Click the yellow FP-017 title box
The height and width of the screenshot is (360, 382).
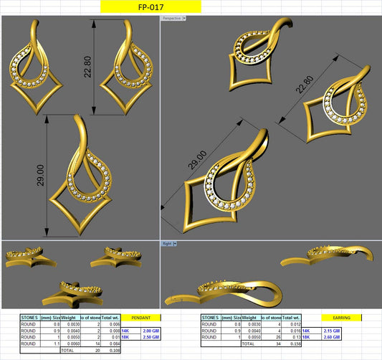(151, 7)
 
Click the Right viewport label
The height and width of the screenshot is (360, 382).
(167, 244)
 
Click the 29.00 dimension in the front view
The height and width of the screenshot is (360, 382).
(42, 176)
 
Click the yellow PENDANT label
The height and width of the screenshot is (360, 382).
(141, 317)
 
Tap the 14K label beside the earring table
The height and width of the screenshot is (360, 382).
(328, 331)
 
